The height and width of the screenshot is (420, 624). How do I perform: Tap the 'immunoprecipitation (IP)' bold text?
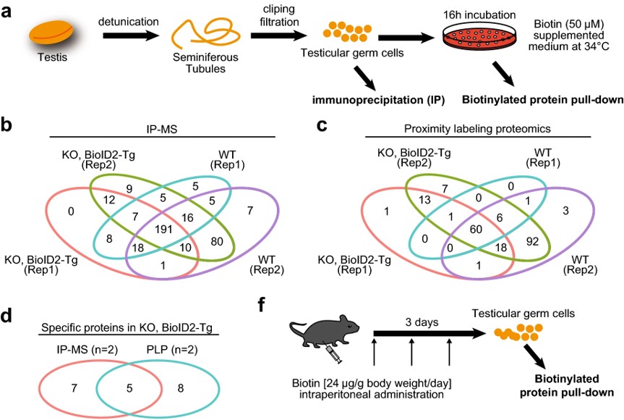coord(367,98)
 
